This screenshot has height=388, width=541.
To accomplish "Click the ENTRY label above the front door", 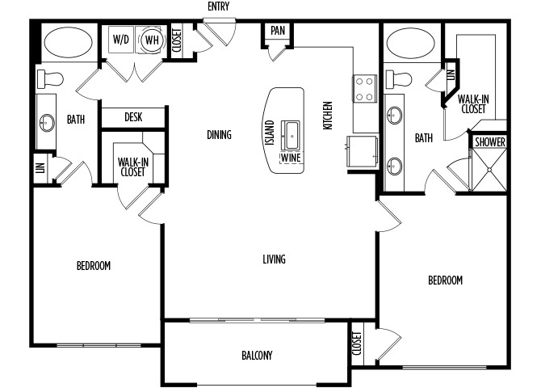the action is pos(218,6).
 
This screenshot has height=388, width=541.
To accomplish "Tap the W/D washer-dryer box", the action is pos(121,40).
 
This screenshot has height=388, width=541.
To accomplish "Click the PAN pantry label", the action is pos(278,31).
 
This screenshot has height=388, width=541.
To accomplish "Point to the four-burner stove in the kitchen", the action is pos(364,89).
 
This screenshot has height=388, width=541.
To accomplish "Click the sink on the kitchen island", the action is pos(291,135).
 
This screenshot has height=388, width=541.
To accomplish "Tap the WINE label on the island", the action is pos(291,158).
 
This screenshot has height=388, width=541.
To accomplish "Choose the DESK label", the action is pos(133,117).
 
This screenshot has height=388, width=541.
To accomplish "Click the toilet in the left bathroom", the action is pos(50,79).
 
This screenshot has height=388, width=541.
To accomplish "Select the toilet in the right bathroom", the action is pos(399,79).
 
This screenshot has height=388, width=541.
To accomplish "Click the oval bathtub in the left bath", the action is pos(69,43).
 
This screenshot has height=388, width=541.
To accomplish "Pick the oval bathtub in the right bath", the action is pos(411,43).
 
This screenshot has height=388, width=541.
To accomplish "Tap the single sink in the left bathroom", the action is pos(47,122).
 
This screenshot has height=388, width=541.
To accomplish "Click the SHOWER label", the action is pos(490,142).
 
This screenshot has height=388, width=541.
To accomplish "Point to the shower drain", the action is pos(489,170).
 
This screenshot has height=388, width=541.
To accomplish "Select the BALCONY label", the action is pos(257,355).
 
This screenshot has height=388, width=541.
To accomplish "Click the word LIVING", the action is pos(274,259).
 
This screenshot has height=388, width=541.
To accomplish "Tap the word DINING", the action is pos(219,135).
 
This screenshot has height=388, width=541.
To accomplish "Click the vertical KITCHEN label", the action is pos(328,116).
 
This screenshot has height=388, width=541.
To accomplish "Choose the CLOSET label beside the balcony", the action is pos(357,344).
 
